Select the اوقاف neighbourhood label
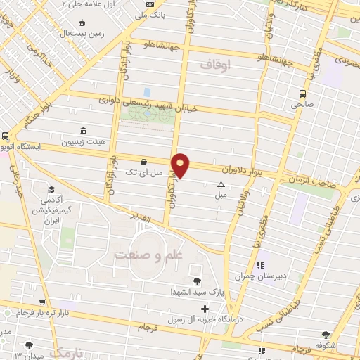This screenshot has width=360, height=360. coord(215,65)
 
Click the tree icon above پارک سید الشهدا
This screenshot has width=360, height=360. coord(196,281)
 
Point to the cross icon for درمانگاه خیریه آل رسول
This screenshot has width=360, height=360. coord(205,309)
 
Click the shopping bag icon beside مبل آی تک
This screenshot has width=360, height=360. coord(144,161)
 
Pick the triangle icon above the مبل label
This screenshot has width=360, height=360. coord(221,184)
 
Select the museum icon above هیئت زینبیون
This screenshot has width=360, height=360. coord(84,131)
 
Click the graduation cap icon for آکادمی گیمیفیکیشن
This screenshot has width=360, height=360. coord(51,190)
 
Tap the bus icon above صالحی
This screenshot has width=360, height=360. coord(302,94)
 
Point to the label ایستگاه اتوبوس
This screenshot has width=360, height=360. coord(21,148)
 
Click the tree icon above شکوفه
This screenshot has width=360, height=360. coord(325,335)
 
